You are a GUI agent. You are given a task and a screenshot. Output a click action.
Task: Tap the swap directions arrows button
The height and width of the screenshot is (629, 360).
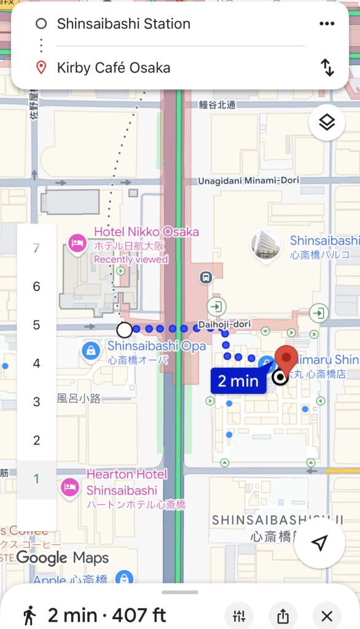327,67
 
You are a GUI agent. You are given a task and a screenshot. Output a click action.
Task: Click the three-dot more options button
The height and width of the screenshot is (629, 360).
327,24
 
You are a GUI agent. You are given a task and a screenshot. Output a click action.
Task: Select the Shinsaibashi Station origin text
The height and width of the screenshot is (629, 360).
123,24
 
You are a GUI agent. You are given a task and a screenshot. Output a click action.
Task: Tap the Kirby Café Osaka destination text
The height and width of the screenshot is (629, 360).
113,68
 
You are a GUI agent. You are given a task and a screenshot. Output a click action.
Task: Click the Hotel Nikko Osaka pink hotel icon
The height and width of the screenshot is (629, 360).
77,243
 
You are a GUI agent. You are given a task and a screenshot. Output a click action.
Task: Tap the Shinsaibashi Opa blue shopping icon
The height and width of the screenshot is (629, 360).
91,351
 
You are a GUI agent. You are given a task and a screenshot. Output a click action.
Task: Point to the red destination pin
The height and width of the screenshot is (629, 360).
285,359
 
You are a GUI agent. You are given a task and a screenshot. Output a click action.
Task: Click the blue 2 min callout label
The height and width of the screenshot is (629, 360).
238,381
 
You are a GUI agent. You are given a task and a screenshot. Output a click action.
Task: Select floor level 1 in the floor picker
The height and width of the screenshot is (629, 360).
36,479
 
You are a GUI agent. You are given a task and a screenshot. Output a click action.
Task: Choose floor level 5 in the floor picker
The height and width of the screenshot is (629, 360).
36,325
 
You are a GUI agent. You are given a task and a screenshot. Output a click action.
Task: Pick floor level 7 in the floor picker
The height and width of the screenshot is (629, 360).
36,248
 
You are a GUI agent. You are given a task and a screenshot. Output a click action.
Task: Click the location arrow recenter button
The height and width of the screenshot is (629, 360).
319,542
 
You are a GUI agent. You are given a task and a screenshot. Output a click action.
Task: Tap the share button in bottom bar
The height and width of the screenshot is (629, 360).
283,615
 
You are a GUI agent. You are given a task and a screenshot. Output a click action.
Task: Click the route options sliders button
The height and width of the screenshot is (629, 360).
240,615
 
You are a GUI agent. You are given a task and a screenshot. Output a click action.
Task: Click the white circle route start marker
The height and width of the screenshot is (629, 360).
124,330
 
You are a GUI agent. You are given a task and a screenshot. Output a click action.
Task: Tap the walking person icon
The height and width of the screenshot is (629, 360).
29,615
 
